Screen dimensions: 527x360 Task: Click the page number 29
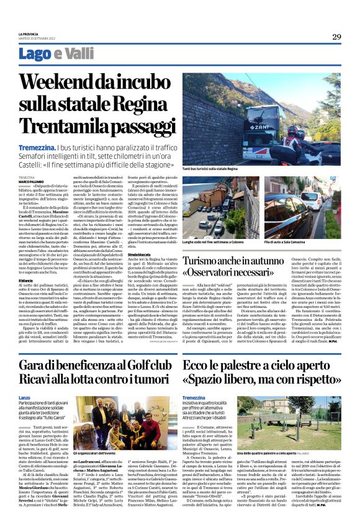(x=336, y=37)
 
